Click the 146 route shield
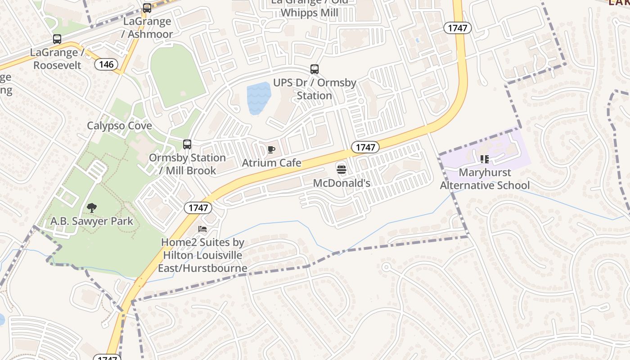click(106, 64)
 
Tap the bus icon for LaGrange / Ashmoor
click(147, 8)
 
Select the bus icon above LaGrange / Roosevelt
click(57, 39)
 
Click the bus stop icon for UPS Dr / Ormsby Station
click(315, 69)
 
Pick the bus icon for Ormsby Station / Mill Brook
click(187, 144)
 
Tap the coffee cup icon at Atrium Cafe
click(271, 150)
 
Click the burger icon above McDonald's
click(342, 170)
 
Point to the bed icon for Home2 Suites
click(202, 229)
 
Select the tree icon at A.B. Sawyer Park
click(92, 208)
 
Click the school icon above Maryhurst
click(484, 159)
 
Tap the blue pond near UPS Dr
click(258, 98)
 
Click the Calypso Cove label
click(119, 126)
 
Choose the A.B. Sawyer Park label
click(92, 221)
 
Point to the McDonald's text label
click(342, 183)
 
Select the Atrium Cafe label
click(271, 162)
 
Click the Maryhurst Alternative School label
click(485, 179)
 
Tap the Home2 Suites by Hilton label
click(202, 255)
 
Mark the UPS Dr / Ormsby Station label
click(315, 89)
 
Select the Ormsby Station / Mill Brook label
click(187, 164)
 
